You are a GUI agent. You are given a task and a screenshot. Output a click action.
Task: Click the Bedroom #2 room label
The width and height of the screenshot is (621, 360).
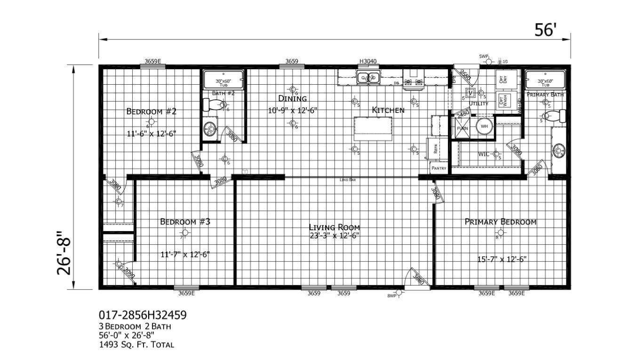[x=151, y=112]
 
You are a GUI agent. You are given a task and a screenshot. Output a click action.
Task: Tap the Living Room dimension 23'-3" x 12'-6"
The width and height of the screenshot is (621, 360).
[x=334, y=236]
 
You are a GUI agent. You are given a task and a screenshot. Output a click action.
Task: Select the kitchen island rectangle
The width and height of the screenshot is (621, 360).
[x=374, y=128]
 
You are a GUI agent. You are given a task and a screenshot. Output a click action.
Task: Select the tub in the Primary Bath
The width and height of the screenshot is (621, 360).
[x=545, y=80]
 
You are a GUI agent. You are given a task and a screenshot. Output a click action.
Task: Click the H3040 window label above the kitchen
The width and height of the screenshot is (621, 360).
[x=368, y=61]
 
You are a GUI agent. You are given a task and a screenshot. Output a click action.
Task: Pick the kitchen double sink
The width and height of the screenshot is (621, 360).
[x=368, y=77]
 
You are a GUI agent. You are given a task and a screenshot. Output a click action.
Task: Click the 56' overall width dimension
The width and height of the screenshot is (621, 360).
[x=545, y=30]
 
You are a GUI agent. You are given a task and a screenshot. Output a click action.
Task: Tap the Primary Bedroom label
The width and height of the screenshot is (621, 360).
[x=500, y=222]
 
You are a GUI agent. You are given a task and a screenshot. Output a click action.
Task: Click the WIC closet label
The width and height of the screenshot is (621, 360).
[x=484, y=154]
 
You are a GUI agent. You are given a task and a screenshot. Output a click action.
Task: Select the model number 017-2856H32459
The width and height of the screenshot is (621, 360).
[x=139, y=314]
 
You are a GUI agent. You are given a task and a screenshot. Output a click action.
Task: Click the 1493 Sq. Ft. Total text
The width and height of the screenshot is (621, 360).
[x=136, y=344]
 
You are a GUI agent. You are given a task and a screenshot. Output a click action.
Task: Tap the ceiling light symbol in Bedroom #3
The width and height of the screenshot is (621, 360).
[x=185, y=233]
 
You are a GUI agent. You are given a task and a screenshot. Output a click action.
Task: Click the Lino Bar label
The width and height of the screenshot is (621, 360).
[x=348, y=180]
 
